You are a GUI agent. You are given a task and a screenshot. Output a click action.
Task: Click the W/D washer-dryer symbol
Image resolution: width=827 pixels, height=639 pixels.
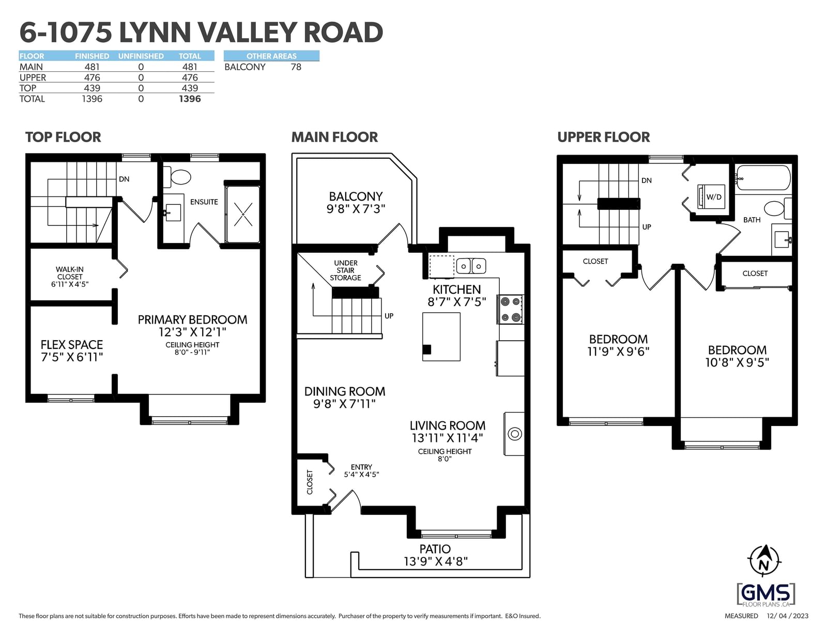[711, 196]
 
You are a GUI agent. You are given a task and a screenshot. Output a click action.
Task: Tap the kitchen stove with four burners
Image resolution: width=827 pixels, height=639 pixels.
[510, 309]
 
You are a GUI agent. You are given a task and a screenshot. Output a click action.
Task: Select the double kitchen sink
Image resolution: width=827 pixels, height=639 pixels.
[471, 266]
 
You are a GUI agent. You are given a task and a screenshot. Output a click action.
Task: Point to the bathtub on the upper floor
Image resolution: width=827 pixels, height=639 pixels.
[763, 178]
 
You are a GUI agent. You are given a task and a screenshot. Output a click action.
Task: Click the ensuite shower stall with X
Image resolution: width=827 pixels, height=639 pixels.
[242, 214]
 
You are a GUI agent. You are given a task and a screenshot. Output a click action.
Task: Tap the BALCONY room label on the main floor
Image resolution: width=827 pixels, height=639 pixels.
[356, 196]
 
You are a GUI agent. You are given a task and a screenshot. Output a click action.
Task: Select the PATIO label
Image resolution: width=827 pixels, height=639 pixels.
[435, 549]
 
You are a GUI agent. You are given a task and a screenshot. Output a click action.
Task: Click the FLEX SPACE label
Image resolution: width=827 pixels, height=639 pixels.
[71, 345]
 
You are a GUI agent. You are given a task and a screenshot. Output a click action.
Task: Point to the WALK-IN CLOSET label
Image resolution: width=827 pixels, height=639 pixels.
[70, 273]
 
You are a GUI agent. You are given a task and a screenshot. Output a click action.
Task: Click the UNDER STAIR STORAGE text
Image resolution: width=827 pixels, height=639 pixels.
[346, 270]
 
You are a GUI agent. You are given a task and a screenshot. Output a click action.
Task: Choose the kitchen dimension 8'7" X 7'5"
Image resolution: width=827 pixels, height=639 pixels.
[457, 302]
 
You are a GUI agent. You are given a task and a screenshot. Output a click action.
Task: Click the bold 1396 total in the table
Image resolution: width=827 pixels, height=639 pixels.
[190, 99]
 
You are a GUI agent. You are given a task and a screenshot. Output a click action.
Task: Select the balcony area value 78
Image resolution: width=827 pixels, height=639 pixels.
[296, 67]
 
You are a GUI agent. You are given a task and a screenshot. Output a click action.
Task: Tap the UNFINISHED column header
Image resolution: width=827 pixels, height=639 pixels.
[141, 56]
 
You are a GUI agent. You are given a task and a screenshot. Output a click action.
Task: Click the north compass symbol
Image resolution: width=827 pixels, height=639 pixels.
[764, 561]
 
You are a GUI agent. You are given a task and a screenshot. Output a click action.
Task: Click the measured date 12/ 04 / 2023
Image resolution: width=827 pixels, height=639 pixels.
[787, 616]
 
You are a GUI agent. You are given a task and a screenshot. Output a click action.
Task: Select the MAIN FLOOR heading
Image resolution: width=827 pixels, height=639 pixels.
[334, 137]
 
